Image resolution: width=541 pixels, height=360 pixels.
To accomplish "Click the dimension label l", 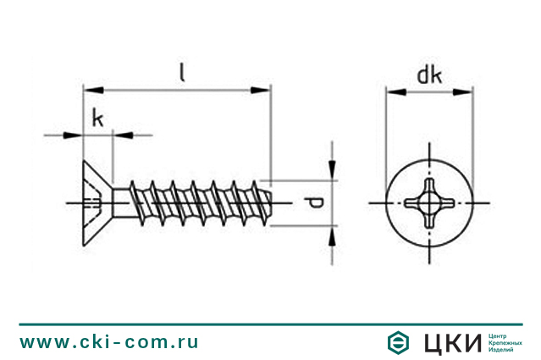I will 182,71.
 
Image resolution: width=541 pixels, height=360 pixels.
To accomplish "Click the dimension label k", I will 98,119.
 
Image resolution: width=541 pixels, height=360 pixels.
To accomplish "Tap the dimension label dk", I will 429,75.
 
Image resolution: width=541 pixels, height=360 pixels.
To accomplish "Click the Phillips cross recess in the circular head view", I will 429,203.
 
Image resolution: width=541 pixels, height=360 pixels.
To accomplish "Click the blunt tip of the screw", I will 269,203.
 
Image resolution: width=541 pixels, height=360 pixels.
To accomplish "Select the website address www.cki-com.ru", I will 109,342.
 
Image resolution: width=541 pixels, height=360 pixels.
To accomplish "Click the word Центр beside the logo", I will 500,335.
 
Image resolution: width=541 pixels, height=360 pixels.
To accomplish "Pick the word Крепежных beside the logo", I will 506,342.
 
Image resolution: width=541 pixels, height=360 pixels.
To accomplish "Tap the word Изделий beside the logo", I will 503,349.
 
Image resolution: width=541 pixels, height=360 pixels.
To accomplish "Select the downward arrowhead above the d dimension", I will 333,174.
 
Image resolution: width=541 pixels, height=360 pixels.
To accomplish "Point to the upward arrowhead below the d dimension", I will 333,234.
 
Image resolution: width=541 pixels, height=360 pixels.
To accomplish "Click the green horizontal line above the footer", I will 270,324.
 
